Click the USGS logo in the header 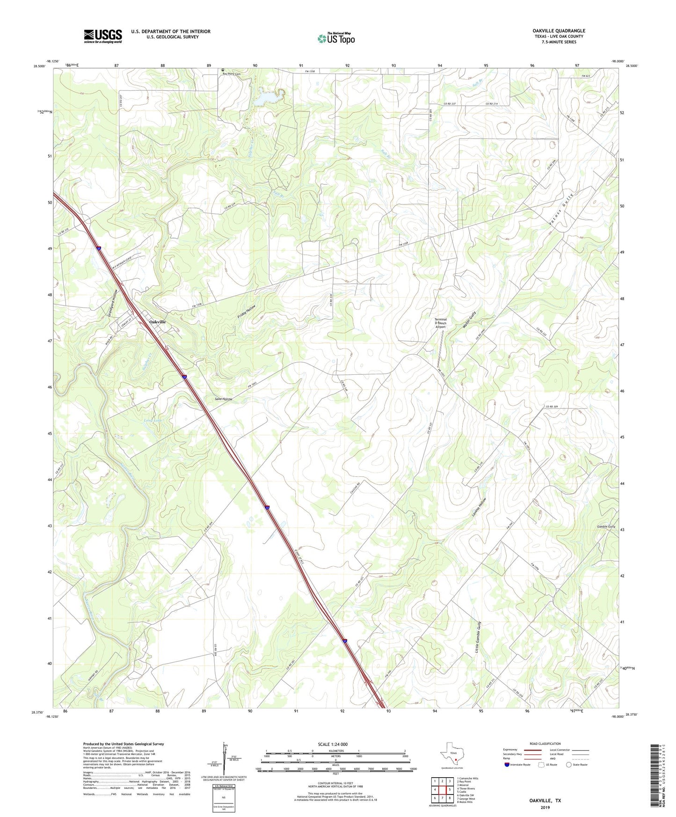click(x=103, y=36)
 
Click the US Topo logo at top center click(x=335, y=38)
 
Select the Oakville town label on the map click(x=157, y=322)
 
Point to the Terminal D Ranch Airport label click(x=441, y=323)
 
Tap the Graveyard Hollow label click(x=112, y=304)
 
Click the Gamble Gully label click(x=606, y=526)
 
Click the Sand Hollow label click(x=223, y=399)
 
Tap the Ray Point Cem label click(x=231, y=74)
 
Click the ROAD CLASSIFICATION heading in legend click(x=545, y=744)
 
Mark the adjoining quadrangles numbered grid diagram click(x=442, y=791)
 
